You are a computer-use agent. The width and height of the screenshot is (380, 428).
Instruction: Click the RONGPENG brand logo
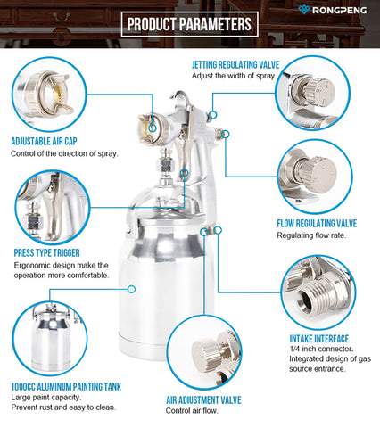tap(332, 10)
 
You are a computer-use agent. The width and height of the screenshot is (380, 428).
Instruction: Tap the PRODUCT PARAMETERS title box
tap(189, 24)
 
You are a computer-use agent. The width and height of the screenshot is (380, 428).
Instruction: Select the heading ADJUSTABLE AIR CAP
tap(44, 141)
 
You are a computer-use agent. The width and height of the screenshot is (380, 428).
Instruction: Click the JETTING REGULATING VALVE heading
tap(235, 65)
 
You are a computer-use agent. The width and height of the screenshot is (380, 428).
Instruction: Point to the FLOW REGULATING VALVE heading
tap(317, 224)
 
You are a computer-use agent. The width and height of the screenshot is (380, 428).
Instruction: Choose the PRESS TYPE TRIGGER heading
tap(47, 253)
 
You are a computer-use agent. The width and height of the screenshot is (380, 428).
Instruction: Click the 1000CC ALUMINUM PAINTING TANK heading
tap(66, 387)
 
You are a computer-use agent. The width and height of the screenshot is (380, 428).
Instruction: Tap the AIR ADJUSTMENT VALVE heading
tap(203, 400)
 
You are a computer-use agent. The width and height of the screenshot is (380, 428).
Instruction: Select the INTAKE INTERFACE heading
tap(319, 339)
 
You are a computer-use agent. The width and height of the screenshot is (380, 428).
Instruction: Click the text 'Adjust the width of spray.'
tap(234, 76)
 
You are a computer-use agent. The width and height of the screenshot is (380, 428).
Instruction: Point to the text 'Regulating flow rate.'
tap(311, 235)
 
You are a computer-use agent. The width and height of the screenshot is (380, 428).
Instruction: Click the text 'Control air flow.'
tap(192, 411)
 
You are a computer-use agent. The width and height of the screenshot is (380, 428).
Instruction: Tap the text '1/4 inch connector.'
tap(321, 349)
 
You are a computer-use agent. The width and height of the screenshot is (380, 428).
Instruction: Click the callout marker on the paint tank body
tap(131, 289)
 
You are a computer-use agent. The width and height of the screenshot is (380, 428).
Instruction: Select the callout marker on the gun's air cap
tap(153, 128)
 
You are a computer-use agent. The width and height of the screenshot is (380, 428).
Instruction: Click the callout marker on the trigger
tap(185, 172)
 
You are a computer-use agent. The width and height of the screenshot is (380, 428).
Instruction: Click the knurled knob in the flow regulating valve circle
tap(318, 173)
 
